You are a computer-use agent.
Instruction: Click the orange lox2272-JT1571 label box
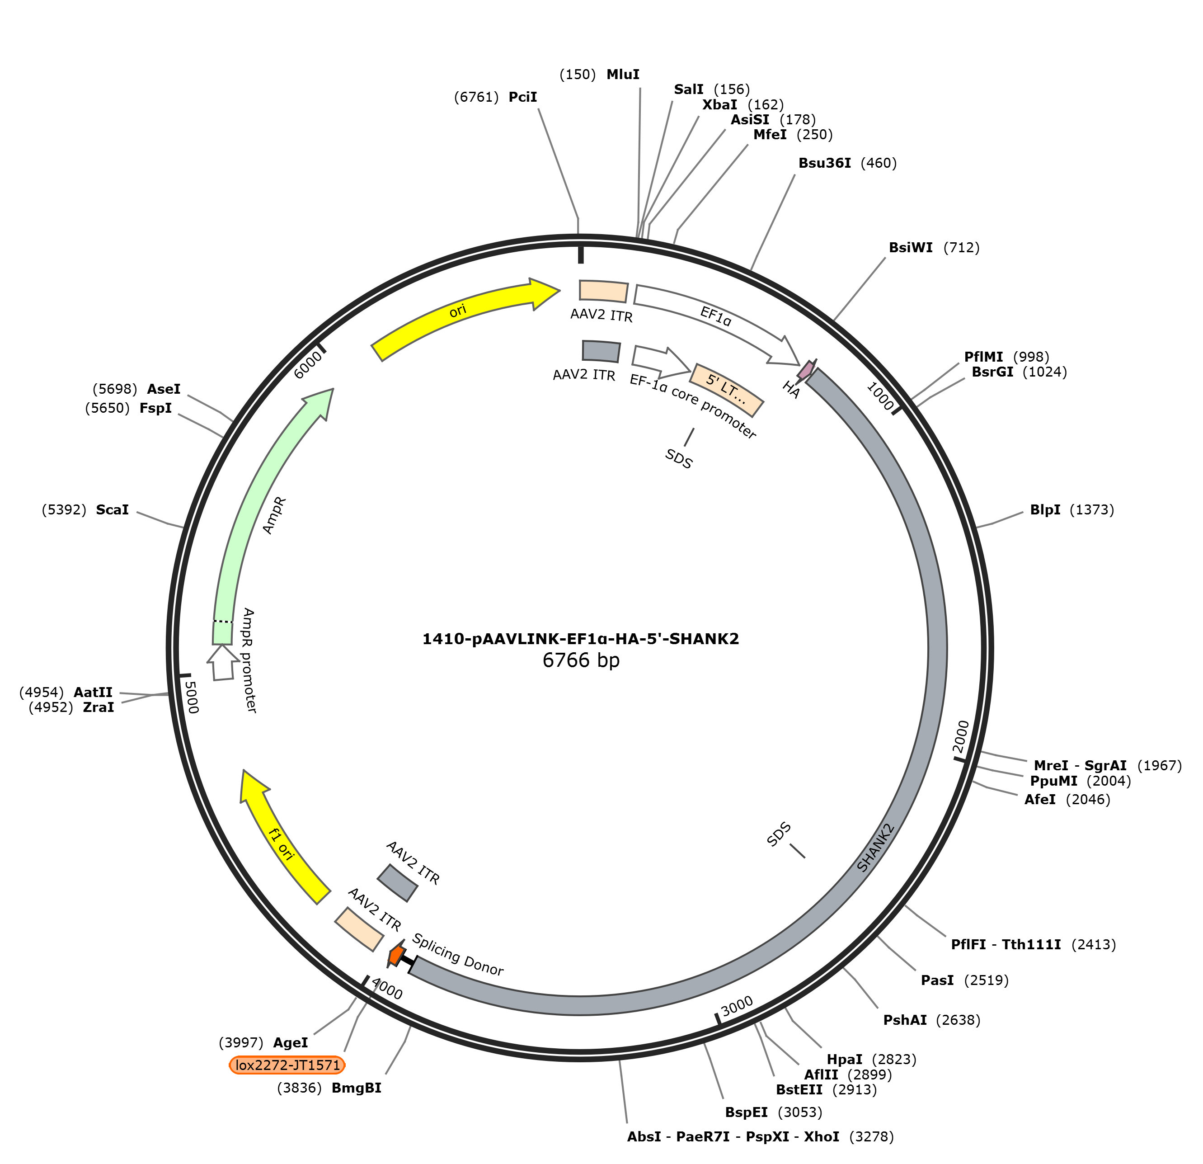[x=287, y=1065]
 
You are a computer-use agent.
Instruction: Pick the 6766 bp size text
[x=581, y=660]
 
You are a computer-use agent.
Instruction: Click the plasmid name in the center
[x=581, y=639]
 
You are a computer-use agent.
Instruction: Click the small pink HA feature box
[x=806, y=369]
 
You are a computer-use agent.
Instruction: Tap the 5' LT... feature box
[x=727, y=390]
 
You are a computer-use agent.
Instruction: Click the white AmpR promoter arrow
[x=222, y=662]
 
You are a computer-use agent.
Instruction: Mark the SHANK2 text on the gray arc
[x=876, y=847]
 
